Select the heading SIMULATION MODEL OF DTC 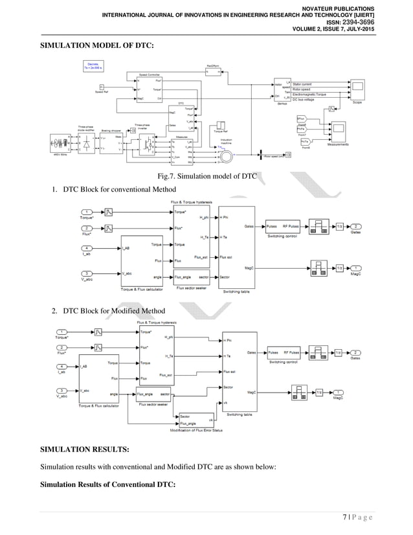98,46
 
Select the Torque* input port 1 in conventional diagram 87,212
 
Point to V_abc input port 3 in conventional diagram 87,274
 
